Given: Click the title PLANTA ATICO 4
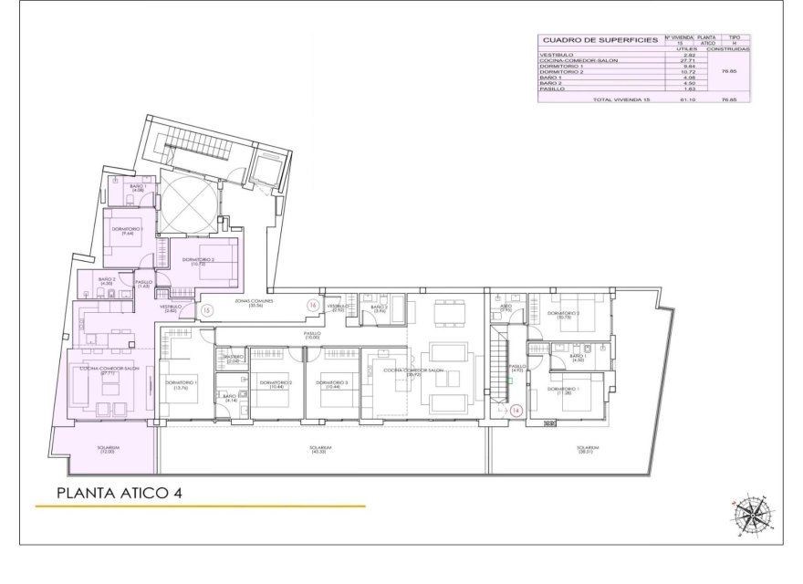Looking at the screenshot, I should [120, 493].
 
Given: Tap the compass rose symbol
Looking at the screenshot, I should [752, 515].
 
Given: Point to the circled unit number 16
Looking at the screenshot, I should [313, 305].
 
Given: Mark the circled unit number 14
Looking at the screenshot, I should [516, 412].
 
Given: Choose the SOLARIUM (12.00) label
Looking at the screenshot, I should [109, 450].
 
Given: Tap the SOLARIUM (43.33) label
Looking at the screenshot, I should [319, 450].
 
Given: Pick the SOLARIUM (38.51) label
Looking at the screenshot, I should [588, 450].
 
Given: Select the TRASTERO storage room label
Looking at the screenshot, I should [234, 358].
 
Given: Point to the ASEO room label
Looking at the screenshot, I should [506, 308].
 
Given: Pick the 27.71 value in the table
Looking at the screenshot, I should [690, 60].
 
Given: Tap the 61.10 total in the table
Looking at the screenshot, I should [690, 99].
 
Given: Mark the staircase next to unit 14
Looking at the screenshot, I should [498, 370].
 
